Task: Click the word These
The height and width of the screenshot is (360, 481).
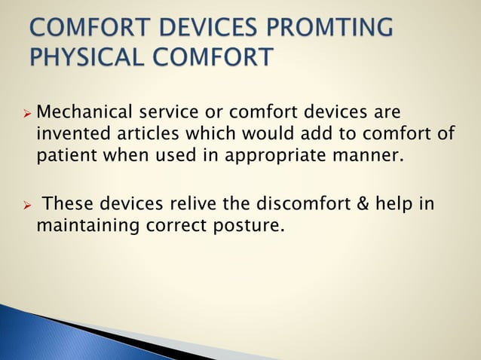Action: (x=68, y=203)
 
